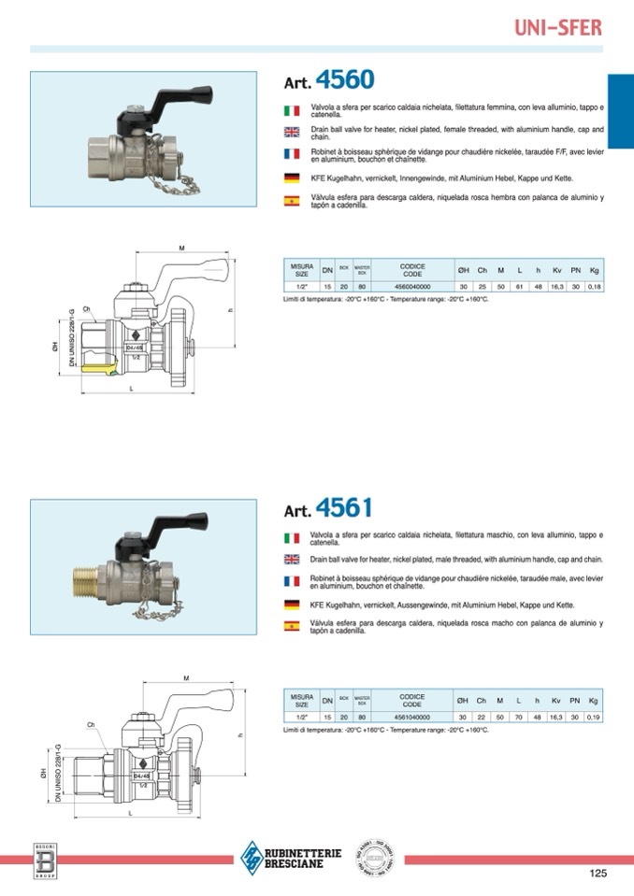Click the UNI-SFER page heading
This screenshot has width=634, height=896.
[x=558, y=27]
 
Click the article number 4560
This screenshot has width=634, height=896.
[x=344, y=78]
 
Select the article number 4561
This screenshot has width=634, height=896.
[x=344, y=508]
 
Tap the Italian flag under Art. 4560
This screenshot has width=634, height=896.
[x=292, y=111]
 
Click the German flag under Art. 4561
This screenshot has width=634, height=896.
[x=292, y=605]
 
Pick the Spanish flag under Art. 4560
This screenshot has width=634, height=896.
[x=292, y=200]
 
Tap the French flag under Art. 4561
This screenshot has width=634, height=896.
[x=292, y=581]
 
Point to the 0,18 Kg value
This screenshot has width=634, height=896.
[x=594, y=287]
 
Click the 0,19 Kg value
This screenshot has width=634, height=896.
[x=594, y=717]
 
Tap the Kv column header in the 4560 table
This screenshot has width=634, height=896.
[x=556, y=270]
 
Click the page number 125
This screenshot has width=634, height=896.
[x=598, y=874]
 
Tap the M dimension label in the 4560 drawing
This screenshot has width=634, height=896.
[x=180, y=248]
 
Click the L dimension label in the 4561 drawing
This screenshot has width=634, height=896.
[x=131, y=814]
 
